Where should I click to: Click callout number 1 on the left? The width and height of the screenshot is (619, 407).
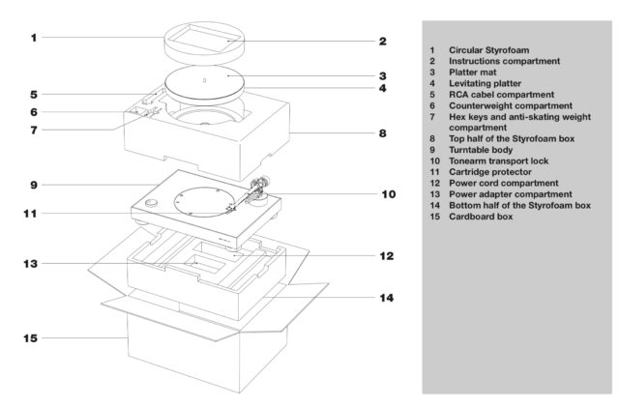coord(33,38)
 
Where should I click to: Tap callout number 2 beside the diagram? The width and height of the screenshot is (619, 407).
coord(382,42)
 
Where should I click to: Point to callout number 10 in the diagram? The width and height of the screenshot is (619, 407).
coord(388,193)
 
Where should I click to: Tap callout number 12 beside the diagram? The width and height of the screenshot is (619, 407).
coord(387,256)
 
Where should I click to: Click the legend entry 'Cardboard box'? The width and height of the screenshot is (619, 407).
coord(482,217)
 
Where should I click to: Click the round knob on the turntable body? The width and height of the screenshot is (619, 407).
coord(152,204)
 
